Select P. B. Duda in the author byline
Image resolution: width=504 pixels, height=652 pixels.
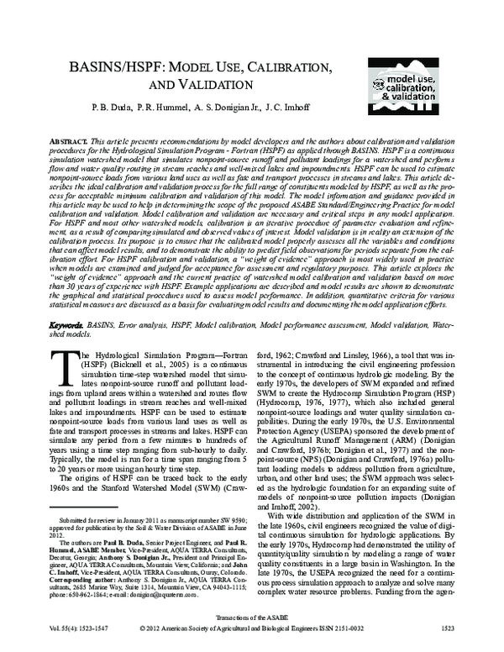(103, 109)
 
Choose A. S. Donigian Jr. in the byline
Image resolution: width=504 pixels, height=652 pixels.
(230, 109)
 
